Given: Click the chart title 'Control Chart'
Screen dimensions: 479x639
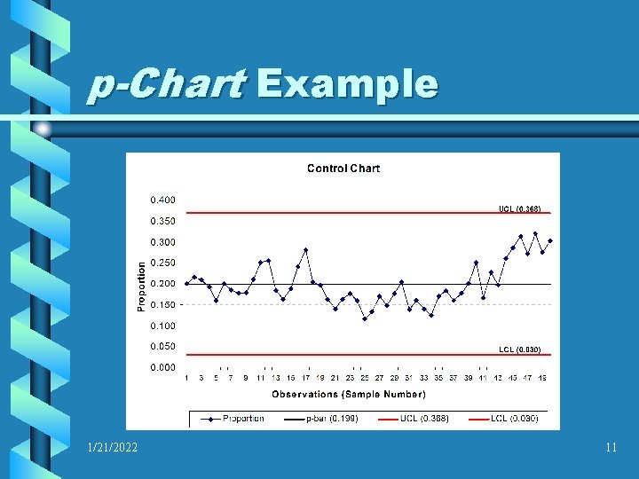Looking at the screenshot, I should click(x=343, y=169).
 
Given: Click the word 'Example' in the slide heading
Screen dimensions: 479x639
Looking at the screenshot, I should click(x=347, y=85).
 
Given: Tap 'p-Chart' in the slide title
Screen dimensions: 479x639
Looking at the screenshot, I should click(x=167, y=85).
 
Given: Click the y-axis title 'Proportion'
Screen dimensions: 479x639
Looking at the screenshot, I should click(x=141, y=284).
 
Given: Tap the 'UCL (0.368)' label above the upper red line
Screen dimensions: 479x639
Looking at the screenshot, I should click(x=519, y=208).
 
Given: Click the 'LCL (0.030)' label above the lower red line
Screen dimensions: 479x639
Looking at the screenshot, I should click(x=519, y=350).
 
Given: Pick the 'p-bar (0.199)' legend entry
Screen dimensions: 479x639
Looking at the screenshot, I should click(x=331, y=419).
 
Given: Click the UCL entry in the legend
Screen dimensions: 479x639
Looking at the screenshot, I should click(x=421, y=419).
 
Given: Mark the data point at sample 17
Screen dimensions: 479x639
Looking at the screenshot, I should click(x=305, y=250).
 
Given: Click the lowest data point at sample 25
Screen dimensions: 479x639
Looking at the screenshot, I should click(x=365, y=318).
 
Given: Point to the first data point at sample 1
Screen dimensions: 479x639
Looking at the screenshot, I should click(x=186, y=284).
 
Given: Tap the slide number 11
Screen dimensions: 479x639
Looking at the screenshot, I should click(x=611, y=448).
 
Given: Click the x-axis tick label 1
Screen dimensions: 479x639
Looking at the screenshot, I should click(x=186, y=378).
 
